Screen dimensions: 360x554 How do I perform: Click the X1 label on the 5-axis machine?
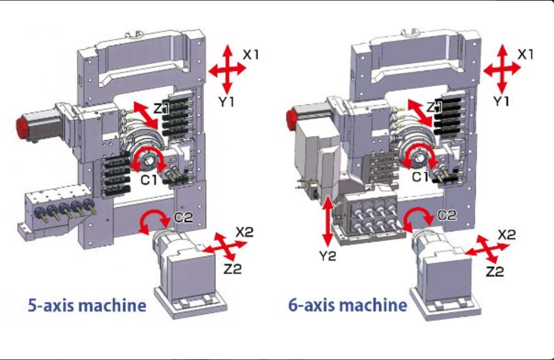coord(251,54)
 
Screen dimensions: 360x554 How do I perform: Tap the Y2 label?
coord(328,256)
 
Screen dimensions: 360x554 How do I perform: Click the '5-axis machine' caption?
coord(87,305)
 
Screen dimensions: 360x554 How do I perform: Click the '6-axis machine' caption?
coord(347,305)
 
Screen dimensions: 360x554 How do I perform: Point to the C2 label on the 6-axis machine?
coord(447,215)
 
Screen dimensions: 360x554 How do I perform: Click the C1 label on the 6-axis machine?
coord(419,177)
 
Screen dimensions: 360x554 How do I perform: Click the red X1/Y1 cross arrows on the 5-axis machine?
coord(226,70)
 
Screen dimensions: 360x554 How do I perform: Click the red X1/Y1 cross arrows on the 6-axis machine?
coord(501,69)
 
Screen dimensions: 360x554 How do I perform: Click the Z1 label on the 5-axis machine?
coord(162,108)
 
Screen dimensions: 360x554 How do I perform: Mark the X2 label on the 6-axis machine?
coord(507,235)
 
